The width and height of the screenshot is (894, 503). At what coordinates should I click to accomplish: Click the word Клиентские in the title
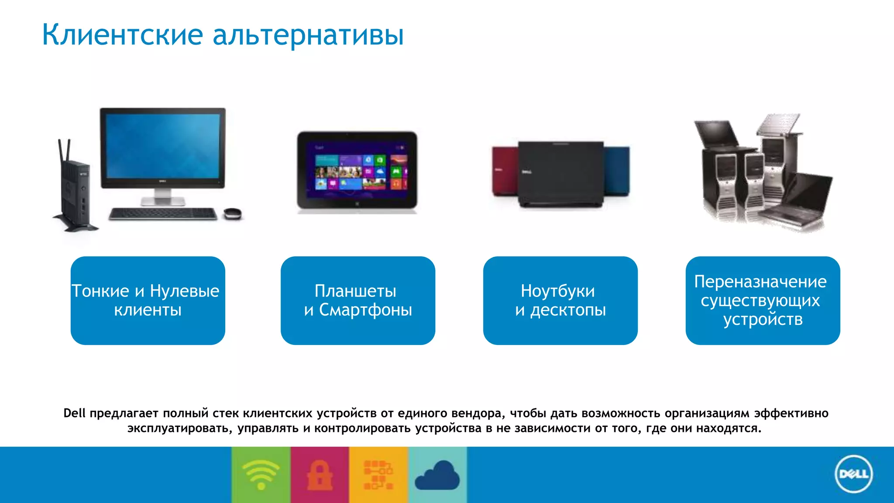122,35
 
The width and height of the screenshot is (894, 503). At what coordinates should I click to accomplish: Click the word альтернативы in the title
308,35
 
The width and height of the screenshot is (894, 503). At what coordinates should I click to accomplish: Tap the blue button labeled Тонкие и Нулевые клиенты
148,300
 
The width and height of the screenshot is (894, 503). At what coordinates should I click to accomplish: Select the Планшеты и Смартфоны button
358,300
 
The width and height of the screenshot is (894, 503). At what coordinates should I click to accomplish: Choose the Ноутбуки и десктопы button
560,300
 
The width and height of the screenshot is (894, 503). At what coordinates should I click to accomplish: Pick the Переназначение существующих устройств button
763,300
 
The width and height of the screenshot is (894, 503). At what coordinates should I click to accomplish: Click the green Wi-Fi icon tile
261,475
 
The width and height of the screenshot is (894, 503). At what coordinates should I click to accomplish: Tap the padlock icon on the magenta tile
320,475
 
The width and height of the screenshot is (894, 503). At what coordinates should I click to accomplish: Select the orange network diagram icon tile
378,475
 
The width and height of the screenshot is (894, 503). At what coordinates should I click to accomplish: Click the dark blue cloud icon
437,476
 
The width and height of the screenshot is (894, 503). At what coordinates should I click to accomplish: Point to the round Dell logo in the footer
853,474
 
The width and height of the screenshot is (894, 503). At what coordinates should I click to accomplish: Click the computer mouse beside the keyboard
232,214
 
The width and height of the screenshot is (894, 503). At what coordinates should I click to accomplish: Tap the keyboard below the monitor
163,214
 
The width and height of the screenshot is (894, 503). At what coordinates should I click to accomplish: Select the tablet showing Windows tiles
357,170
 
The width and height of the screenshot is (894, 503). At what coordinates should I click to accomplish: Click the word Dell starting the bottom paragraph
74,413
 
